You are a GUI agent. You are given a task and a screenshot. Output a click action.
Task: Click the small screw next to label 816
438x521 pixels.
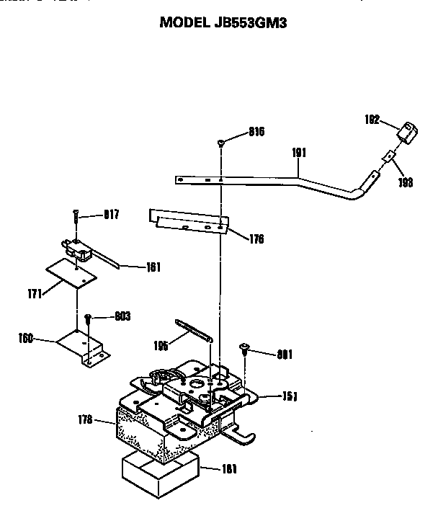tap(220, 143)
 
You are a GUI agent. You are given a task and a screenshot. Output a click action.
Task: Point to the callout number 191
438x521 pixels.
tap(300, 153)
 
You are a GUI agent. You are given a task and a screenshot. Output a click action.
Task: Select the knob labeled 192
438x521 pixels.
tap(408, 134)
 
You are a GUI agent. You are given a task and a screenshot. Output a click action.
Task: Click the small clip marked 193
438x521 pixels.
tap(389, 156)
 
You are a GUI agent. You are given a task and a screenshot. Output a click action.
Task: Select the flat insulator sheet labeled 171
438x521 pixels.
tap(71, 274)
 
